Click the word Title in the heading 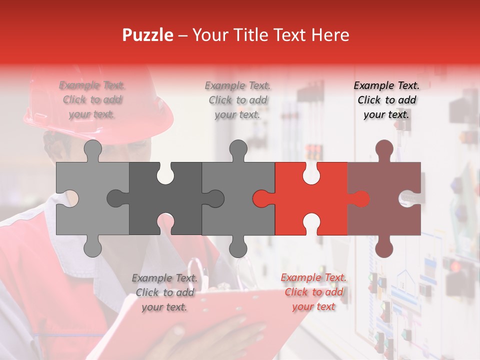[247, 35]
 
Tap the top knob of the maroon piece [384, 149]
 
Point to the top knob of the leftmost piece [92, 149]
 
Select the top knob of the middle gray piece [238, 149]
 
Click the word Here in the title [330, 35]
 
